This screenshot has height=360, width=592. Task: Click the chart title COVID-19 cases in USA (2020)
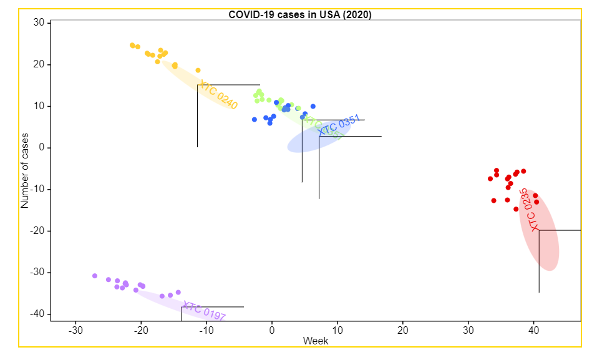click(299, 14)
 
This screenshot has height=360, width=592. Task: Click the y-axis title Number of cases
click(25, 170)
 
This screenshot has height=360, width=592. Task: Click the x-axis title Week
click(315, 341)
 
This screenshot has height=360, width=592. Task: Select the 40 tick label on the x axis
click(533, 330)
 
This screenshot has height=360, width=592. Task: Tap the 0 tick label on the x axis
click(272, 330)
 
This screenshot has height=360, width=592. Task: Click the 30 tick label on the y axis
click(37, 23)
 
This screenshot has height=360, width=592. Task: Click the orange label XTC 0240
click(218, 95)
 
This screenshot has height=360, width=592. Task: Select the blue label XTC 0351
click(339, 125)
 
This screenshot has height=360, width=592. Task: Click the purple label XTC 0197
click(203, 311)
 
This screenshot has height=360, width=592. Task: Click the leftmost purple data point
click(95, 276)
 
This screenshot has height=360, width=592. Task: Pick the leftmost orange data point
click(132, 46)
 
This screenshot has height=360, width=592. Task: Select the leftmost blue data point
click(255, 119)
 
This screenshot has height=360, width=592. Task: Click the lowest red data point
click(516, 209)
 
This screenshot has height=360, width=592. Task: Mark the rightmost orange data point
click(198, 71)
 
